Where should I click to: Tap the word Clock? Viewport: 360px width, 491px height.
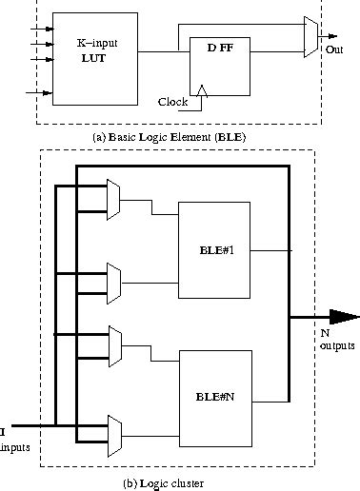click(x=171, y=100)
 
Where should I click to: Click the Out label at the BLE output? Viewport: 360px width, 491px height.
click(x=333, y=48)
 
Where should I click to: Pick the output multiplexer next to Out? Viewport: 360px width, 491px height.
click(x=310, y=37)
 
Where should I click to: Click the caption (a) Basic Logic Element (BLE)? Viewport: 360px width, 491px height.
click(x=179, y=136)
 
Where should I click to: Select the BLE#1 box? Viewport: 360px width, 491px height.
click(x=219, y=248)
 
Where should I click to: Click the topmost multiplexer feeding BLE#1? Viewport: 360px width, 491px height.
click(x=114, y=196)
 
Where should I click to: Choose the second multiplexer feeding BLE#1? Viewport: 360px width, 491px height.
click(x=114, y=280)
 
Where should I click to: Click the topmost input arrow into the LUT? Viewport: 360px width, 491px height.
click(x=43, y=29)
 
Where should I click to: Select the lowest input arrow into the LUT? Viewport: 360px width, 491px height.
click(x=43, y=93)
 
